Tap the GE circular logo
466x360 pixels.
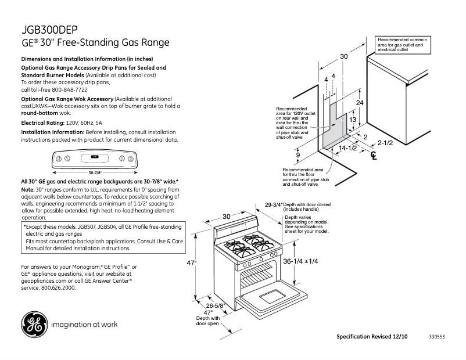[34, 325]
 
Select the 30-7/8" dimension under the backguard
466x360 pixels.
[95, 172]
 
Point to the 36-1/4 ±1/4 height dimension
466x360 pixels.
[300, 261]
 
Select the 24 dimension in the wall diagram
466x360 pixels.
[360, 102]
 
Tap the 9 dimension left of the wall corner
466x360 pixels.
[298, 155]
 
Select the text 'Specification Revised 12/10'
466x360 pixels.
[372, 337]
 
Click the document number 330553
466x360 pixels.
[437, 337]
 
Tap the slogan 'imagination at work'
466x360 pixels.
[85, 324]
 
